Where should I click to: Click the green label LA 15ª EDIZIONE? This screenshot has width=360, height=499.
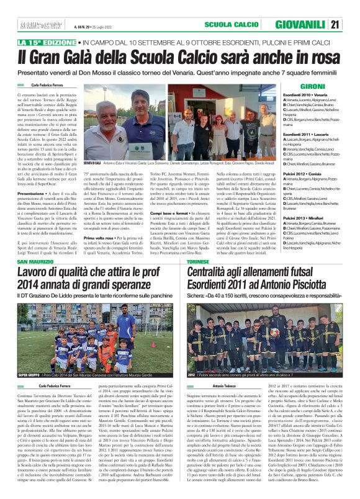[45, 42]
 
